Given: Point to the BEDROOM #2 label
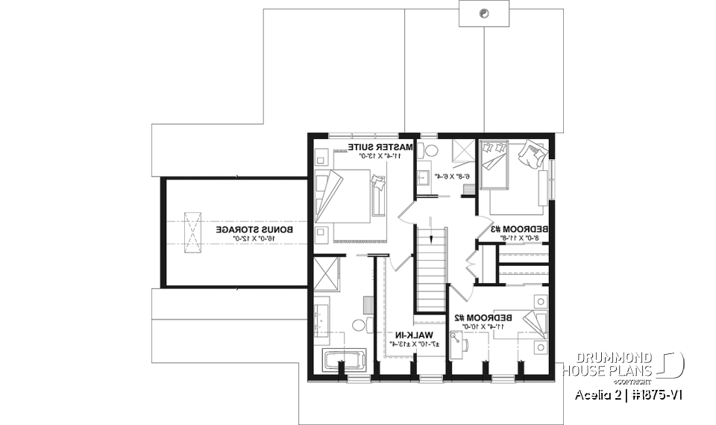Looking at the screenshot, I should click(480, 317).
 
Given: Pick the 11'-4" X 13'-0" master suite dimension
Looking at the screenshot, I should click(377, 155).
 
